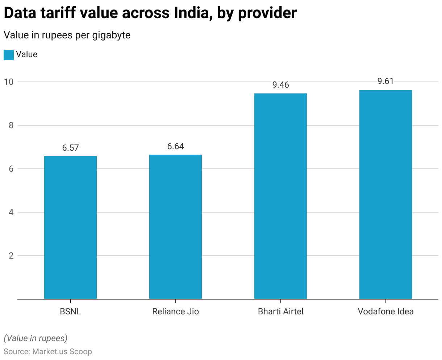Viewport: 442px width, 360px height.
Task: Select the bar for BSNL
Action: pyautogui.click(x=70, y=227)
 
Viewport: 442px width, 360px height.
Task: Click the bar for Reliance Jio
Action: pyautogui.click(x=175, y=227)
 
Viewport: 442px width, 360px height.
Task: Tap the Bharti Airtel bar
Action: pyautogui.click(x=280, y=196)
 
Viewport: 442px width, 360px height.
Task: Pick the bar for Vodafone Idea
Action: pyautogui.click(x=385, y=194)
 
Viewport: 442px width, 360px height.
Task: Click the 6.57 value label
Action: pyautogui.click(x=70, y=148)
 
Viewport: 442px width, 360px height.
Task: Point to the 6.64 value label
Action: pyautogui.click(x=175, y=146)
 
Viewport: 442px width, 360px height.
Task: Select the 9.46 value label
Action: pyautogui.click(x=280, y=85)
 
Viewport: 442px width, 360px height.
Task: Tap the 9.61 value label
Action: pyautogui.click(x=385, y=81)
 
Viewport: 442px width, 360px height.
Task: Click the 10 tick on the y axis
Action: pyautogui.click(x=8, y=82)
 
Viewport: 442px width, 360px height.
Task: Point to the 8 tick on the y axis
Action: pyautogui.click(x=11, y=125)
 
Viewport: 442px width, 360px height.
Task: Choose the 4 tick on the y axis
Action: pyautogui.click(x=11, y=212)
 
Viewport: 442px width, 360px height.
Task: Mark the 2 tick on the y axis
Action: pyautogui.click(x=11, y=256)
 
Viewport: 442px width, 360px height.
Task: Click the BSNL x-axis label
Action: pyautogui.click(x=70, y=311)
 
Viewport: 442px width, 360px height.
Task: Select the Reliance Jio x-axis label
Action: pyautogui.click(x=175, y=311)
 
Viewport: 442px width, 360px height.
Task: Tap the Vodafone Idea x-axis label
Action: pyautogui.click(x=385, y=311)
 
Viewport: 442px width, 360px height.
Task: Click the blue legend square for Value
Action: pyautogui.click(x=9, y=55)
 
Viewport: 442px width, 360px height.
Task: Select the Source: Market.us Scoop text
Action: pyautogui.click(x=48, y=351)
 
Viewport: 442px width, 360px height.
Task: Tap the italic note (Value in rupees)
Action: pyautogui.click(x=36, y=338)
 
